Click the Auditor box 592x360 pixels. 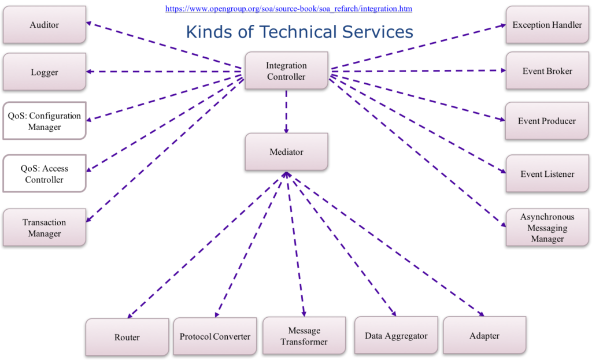pyautogui.click(x=45, y=24)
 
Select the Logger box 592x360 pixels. pyautogui.click(x=45, y=72)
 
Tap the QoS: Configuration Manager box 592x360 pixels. pyautogui.click(x=45, y=121)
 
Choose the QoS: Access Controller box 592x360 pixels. pyautogui.click(x=45, y=173)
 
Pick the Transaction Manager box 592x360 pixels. pyautogui.click(x=45, y=228)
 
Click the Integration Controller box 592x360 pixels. pyautogui.click(x=287, y=70)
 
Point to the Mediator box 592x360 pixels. pyautogui.click(x=287, y=152)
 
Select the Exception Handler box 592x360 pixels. pyautogui.click(x=547, y=24)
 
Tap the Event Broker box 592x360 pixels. pyautogui.click(x=547, y=70)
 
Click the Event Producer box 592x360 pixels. pyautogui.click(x=547, y=121)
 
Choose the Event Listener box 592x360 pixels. pyautogui.click(x=547, y=173)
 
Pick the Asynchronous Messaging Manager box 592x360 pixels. pyautogui.click(x=547, y=228)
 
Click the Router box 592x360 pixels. pyautogui.click(x=127, y=337)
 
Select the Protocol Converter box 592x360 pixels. pyautogui.click(x=215, y=336)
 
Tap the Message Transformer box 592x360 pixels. pyautogui.click(x=304, y=336)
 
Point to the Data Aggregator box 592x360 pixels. pyautogui.click(x=397, y=336)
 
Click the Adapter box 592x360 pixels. pyautogui.click(x=485, y=336)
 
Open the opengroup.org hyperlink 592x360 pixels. pyautogui.click(x=289, y=9)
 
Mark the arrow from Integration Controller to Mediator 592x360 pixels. pyautogui.click(x=286, y=112)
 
